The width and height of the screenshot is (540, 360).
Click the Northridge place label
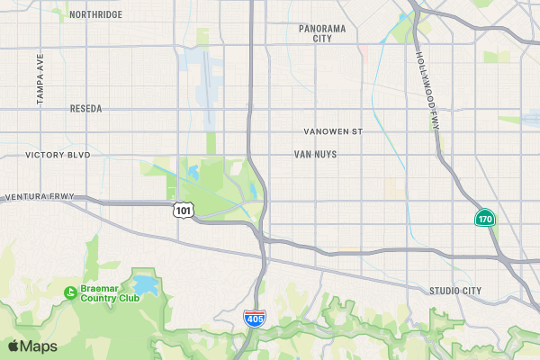(94, 14)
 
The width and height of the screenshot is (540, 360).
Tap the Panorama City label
(322, 33)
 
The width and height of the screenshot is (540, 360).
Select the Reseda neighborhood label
(85, 108)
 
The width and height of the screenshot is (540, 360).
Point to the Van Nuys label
(315, 154)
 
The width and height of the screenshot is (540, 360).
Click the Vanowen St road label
(332, 131)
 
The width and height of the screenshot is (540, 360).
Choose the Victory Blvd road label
(58, 155)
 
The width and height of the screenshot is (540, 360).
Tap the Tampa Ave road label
(40, 79)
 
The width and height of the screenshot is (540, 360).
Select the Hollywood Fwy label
(427, 90)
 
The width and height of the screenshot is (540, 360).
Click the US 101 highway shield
(183, 210)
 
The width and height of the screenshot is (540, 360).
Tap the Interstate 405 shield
(255, 318)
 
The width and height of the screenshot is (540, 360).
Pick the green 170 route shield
(485, 219)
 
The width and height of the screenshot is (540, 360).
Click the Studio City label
(454, 290)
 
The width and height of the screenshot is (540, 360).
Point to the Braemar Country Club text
(110, 292)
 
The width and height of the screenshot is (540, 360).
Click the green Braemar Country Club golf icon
(69, 292)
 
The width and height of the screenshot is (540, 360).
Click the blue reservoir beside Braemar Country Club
(146, 287)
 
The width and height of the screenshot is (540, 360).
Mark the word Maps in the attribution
(39, 346)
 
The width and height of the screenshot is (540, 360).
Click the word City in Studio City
(471, 290)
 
